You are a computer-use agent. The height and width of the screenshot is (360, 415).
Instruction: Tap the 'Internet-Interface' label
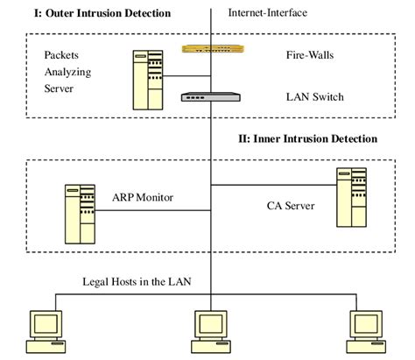coord(268,13)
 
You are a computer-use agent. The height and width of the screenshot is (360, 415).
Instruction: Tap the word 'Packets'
coord(62,54)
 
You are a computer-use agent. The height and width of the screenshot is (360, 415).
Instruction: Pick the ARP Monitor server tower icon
coord(79,213)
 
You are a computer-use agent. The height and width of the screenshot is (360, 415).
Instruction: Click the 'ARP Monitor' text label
coord(143,198)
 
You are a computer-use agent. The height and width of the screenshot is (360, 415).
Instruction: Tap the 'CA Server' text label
coord(292,207)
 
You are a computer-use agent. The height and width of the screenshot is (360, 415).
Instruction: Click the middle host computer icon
coord(209,329)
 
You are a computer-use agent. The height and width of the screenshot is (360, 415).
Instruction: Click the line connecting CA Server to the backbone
coord(271,185)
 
